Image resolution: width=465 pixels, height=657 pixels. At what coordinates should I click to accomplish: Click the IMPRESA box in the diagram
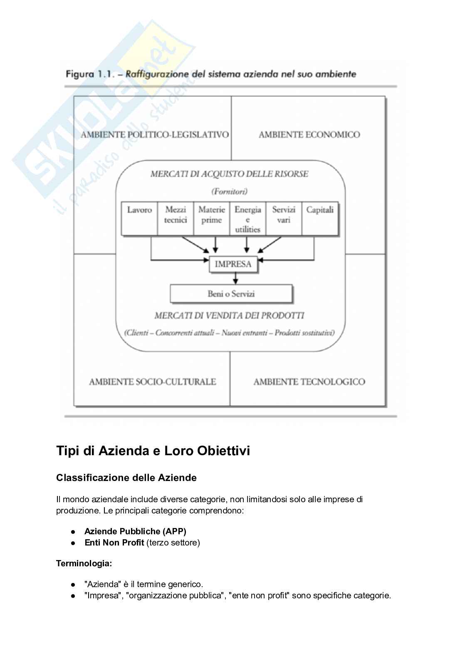[x=233, y=264]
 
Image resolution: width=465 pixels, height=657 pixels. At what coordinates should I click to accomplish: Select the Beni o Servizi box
[x=231, y=294]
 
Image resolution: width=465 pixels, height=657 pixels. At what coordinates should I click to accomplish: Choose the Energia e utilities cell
[x=248, y=219]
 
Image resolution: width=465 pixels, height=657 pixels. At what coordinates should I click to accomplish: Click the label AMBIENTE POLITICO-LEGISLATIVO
[x=155, y=135]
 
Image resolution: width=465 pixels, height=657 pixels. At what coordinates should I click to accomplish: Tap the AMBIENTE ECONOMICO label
[x=309, y=135]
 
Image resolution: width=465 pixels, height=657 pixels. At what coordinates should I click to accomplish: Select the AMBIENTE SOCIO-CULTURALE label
[x=153, y=382]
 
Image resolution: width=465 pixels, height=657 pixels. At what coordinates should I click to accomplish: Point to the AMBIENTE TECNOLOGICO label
[x=309, y=382]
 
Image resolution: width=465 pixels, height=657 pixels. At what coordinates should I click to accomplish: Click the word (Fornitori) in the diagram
[x=229, y=191]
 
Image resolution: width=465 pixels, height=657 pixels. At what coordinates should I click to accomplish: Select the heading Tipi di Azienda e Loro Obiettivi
[x=153, y=451]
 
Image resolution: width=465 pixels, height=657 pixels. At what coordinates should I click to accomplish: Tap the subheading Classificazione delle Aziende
[x=126, y=478]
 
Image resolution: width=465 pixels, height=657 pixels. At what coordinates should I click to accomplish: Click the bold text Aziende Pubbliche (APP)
[x=135, y=531]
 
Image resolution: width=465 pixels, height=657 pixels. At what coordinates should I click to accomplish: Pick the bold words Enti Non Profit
[x=114, y=543]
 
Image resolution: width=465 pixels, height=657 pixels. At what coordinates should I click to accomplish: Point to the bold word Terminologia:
[x=84, y=564]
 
